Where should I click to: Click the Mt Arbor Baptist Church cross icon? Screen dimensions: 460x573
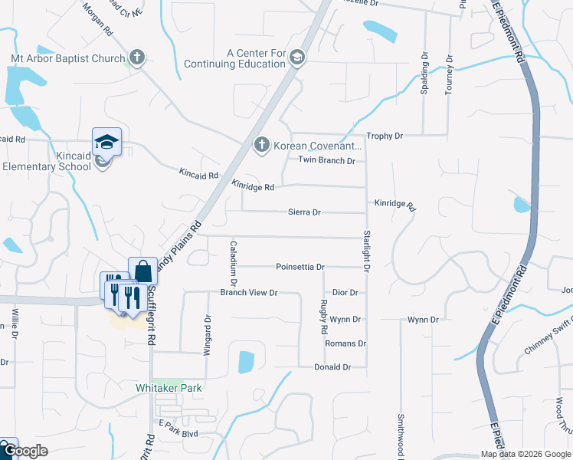point(137,58)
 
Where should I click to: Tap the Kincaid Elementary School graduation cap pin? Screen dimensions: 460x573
point(106,141)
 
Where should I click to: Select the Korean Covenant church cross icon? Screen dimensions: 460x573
point(261,144)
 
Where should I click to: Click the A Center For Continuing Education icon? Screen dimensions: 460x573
point(297,58)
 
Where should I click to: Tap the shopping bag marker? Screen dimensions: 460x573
point(142,271)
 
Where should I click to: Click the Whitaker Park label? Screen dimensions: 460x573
point(169,388)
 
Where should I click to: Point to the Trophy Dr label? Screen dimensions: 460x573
point(385,136)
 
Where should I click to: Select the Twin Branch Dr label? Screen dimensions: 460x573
point(326,160)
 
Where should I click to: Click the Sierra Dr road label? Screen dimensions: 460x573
point(304,212)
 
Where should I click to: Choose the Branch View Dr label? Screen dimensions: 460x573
point(248,293)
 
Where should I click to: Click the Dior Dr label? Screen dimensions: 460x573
point(345,293)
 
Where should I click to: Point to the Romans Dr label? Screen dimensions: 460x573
point(346,343)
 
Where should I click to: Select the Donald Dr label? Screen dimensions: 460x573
point(332,367)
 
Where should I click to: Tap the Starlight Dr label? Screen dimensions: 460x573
point(367,251)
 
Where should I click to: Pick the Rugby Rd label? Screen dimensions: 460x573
point(323,317)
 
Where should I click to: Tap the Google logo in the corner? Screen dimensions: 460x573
point(25,452)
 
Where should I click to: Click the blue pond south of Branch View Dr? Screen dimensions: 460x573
point(245,361)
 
